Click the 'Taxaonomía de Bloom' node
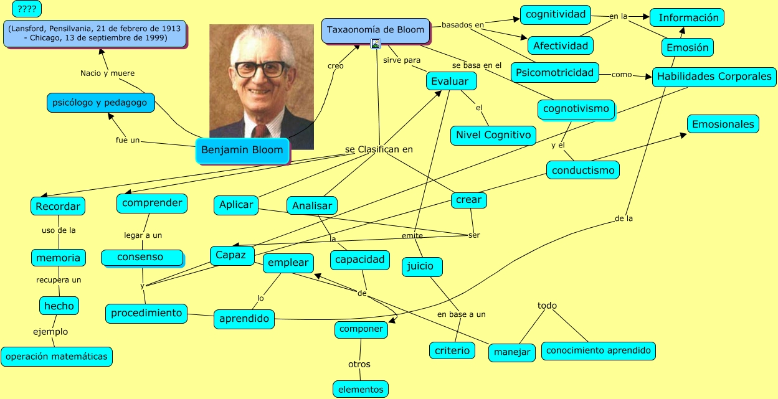[376, 30]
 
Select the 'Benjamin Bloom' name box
[242, 150]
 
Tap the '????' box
[27, 9]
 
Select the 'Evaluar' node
[451, 82]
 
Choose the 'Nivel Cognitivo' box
[493, 135]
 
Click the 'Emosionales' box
[723, 124]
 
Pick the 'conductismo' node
[583, 170]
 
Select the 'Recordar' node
[57, 206]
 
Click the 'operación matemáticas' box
[57, 357]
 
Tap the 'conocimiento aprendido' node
[598, 350]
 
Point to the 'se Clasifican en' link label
[379, 149]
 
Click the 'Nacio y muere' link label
[107, 73]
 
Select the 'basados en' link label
[462, 25]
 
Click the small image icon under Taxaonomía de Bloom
[376, 44]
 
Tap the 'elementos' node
[361, 390]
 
